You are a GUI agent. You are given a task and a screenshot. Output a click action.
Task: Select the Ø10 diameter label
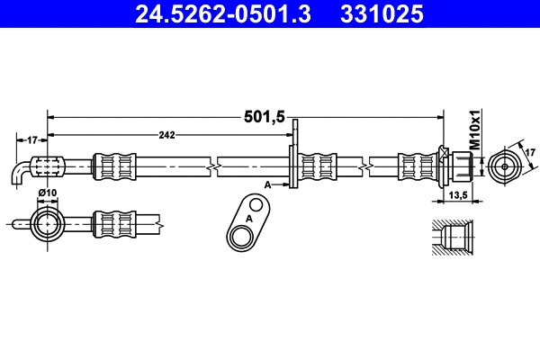(x=49, y=193)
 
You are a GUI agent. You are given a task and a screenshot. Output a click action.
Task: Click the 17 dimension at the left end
(x=31, y=139)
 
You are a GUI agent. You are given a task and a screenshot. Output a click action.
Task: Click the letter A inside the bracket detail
(x=249, y=219)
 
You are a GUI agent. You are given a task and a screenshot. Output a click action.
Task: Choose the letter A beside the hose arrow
(x=267, y=184)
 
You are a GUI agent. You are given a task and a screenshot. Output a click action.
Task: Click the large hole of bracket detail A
(x=242, y=237)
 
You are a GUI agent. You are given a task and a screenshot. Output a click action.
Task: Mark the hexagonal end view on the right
(x=504, y=166)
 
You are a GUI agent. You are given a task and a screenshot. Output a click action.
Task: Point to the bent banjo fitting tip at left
(x=21, y=175)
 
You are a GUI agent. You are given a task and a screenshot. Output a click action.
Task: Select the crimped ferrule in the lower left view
(x=115, y=222)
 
